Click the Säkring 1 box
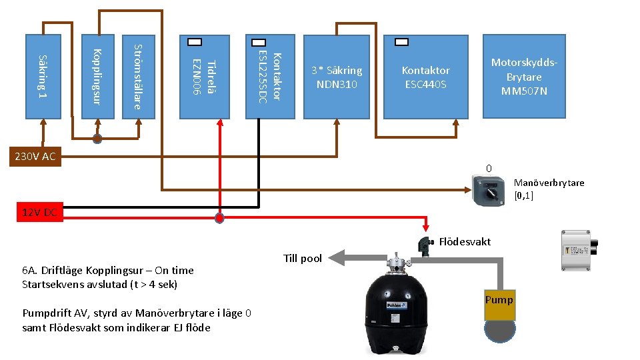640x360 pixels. [x=44, y=76]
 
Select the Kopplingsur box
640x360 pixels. [x=98, y=76]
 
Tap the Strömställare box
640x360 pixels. [x=139, y=76]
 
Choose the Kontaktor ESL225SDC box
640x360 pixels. [x=270, y=76]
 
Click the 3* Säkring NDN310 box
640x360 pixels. [x=337, y=77]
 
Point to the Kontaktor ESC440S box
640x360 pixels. [x=425, y=77]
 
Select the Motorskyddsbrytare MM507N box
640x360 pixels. [x=524, y=76]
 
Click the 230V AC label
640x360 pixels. [x=31, y=157]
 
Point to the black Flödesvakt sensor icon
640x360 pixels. [x=424, y=245]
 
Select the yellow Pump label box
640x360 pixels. [x=499, y=300]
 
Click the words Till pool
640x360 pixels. [x=303, y=259]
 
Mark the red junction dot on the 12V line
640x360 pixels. [x=219, y=217]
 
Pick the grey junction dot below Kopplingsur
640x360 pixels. [x=97, y=139]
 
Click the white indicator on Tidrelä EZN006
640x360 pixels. [x=195, y=42]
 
